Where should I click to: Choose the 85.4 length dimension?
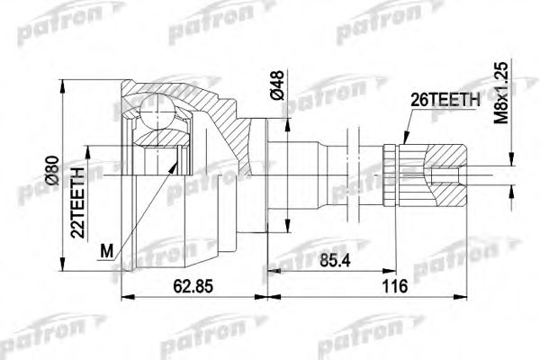333,264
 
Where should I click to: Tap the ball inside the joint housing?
155,113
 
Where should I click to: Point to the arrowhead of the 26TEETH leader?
405,145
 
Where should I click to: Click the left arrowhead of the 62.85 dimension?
123,295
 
